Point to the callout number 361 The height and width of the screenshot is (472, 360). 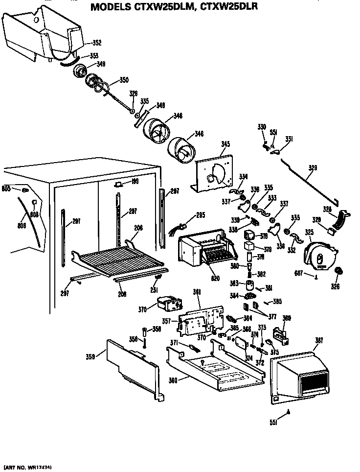(x=197, y=292)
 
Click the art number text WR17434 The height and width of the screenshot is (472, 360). (x=39, y=466)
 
